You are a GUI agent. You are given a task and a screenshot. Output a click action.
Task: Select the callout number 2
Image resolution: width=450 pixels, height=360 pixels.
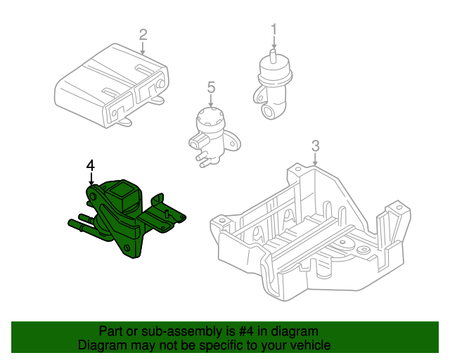[x=143, y=34]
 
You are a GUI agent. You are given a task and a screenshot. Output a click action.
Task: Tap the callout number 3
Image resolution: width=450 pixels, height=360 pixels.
[x=316, y=146]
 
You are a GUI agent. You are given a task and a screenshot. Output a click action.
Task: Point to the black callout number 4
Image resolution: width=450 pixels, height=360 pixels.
[x=90, y=165]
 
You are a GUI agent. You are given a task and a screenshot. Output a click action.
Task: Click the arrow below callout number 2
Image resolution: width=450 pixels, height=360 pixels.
[x=143, y=49]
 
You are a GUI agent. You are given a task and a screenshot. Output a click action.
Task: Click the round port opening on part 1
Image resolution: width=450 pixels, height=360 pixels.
[x=269, y=110]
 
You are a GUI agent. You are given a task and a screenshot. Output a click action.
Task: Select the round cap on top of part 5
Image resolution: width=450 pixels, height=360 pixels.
[x=210, y=114]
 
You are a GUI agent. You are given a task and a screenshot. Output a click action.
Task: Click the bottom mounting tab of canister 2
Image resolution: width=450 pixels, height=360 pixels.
[x=124, y=123]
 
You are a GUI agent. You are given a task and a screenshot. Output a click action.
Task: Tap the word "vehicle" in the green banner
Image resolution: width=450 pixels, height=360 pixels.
[x=310, y=345]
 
